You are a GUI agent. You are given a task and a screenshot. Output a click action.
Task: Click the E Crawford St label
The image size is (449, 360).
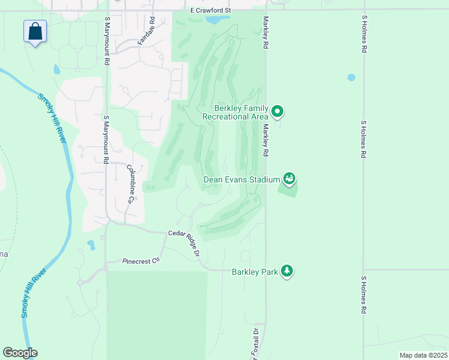click(x=210, y=11)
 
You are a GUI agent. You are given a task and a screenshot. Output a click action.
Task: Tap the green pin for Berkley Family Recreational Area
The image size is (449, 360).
click(x=277, y=111)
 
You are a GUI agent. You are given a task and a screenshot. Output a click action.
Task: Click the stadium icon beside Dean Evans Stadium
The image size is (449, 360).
click(x=289, y=178)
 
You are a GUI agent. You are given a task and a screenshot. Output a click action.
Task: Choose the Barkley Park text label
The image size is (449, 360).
click(x=255, y=272)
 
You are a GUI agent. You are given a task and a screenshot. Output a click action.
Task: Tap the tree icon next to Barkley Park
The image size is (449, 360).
click(x=288, y=271)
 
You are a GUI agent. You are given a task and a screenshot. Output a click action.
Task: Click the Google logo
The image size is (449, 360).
click(x=20, y=353)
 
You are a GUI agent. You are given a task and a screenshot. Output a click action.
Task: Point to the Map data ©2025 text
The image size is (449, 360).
click(x=423, y=355)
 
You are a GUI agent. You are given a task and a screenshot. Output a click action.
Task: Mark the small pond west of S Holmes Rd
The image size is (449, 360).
click(x=351, y=77)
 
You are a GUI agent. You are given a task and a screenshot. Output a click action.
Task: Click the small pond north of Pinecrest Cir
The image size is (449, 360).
click(x=91, y=245)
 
